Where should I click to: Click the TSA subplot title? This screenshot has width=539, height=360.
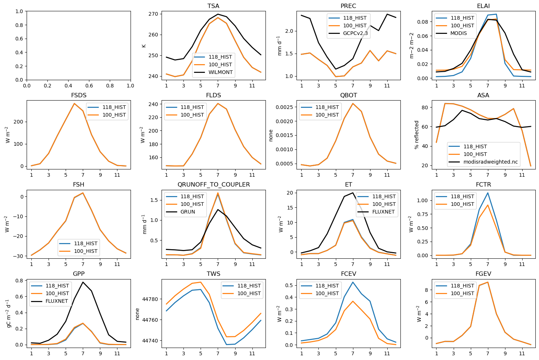click(213, 6)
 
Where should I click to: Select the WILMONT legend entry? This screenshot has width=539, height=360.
click(220, 72)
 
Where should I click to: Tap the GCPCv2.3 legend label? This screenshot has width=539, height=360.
click(355, 33)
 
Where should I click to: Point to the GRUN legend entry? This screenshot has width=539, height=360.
click(187, 212)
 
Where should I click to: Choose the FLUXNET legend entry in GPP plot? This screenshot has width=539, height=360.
click(57, 301)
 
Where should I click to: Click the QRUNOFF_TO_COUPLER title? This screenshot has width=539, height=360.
click(213, 184)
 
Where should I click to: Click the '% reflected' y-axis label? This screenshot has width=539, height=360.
click(417, 135)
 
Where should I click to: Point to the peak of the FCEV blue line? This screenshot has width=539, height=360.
click(353, 282)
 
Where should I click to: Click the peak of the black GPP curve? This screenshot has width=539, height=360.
click(83, 282)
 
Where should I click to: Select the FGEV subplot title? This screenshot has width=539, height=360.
click(483, 274)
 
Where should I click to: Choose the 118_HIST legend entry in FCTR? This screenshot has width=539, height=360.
click(462, 196)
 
